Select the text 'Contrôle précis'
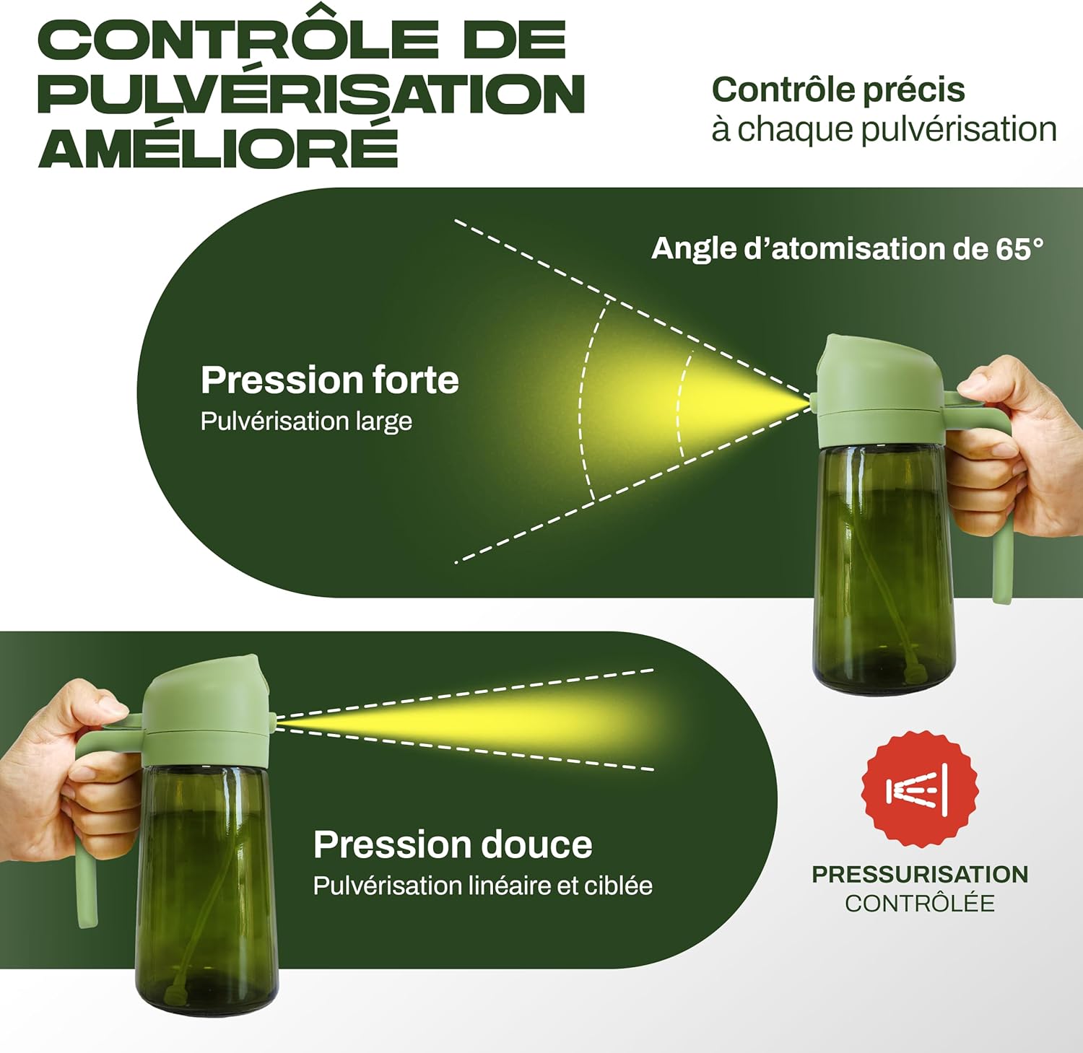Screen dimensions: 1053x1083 (838, 90)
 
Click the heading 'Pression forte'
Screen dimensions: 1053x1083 (329, 380)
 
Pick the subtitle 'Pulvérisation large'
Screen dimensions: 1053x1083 (306, 421)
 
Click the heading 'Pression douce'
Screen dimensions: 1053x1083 (453, 844)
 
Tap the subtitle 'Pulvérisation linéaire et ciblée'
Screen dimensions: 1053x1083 (482, 886)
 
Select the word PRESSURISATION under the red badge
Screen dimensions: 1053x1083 (920, 874)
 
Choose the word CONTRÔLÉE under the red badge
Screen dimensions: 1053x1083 (920, 903)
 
